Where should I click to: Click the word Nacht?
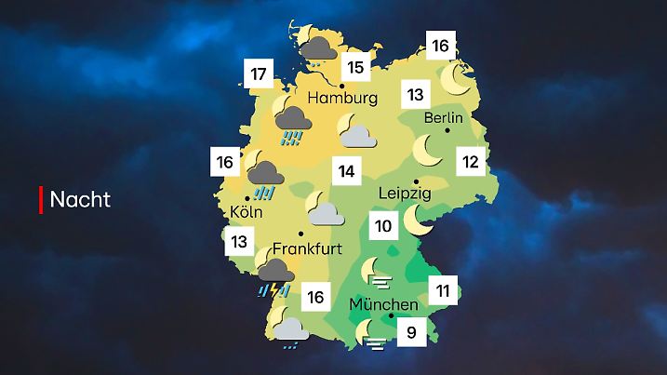(80, 199)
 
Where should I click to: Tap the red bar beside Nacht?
(41, 199)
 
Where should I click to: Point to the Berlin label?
(443, 118)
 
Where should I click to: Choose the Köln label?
(246, 211)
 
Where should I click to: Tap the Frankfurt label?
(304, 249)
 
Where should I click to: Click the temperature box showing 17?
(259, 74)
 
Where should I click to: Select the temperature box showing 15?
(354, 66)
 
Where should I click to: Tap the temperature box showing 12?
(471, 163)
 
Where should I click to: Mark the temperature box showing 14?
(346, 172)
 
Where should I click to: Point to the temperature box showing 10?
(381, 225)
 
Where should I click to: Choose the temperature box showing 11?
(443, 291)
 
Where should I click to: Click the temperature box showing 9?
(410, 329)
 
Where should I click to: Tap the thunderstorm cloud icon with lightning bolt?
(276, 275)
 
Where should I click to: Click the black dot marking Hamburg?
(341, 85)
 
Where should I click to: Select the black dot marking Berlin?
(447, 131)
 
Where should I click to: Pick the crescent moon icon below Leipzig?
(418, 221)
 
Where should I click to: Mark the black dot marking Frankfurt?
(300, 234)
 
